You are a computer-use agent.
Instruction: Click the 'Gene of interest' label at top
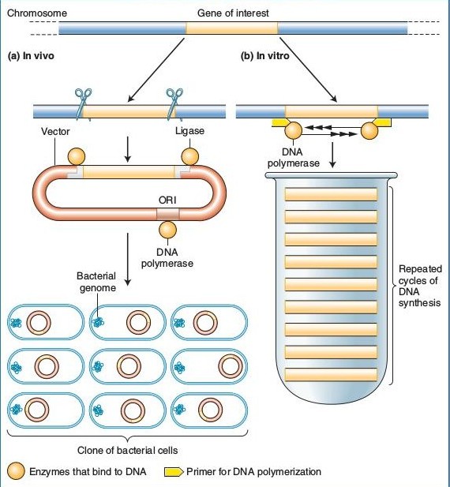click(x=232, y=13)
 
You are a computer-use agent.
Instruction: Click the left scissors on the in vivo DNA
click(x=81, y=100)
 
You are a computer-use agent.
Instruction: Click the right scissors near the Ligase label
click(x=174, y=100)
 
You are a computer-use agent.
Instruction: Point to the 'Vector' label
click(x=55, y=131)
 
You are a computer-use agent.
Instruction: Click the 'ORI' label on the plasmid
click(x=167, y=198)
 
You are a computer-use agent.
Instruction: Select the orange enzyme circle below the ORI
click(x=168, y=230)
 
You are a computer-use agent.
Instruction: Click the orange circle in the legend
click(x=16, y=472)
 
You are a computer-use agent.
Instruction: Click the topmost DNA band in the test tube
click(x=331, y=194)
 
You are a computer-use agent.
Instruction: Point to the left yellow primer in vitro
click(x=279, y=123)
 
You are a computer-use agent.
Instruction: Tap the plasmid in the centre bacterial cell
click(x=128, y=366)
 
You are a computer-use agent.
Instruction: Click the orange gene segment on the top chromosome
click(x=232, y=28)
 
